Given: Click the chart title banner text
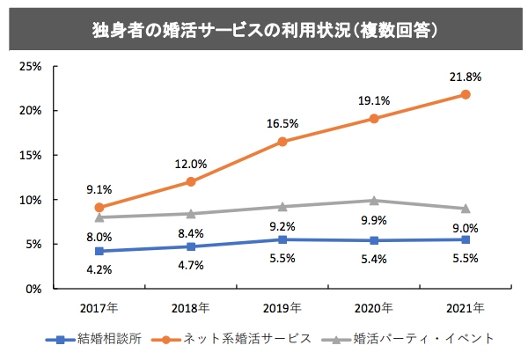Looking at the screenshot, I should pyautogui.click(x=264, y=29).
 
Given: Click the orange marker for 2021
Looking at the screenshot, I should pyautogui.click(x=466, y=94).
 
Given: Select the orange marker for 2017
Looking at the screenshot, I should pyautogui.click(x=99, y=208).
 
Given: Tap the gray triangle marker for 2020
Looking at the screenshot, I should pyautogui.click(x=374, y=201).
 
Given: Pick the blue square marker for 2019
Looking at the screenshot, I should pyautogui.click(x=282, y=239).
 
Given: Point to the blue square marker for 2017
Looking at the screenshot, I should pyautogui.click(x=99, y=251).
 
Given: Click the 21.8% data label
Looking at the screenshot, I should pyautogui.click(x=466, y=77).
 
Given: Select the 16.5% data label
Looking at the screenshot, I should pyautogui.click(x=282, y=123).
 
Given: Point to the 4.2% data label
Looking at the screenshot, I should pyautogui.click(x=99, y=270).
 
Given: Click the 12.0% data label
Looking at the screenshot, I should pyautogui.click(x=191, y=164).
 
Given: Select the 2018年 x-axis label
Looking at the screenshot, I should pyautogui.click(x=191, y=308).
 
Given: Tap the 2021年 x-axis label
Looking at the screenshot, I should pyautogui.click(x=466, y=308).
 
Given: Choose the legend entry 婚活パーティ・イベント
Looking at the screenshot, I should pyautogui.click(x=410, y=338).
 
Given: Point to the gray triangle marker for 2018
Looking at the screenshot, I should pyautogui.click(x=191, y=213).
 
